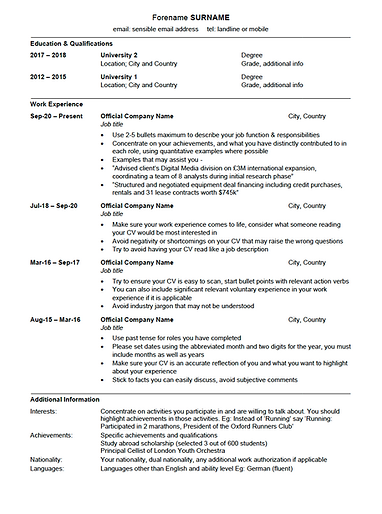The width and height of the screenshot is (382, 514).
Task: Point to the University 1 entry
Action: [x=120, y=75]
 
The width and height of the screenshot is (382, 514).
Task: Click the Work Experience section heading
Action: [x=57, y=104]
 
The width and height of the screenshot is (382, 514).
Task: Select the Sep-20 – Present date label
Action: [x=57, y=116]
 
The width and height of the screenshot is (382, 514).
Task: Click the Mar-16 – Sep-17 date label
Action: [x=56, y=262]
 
